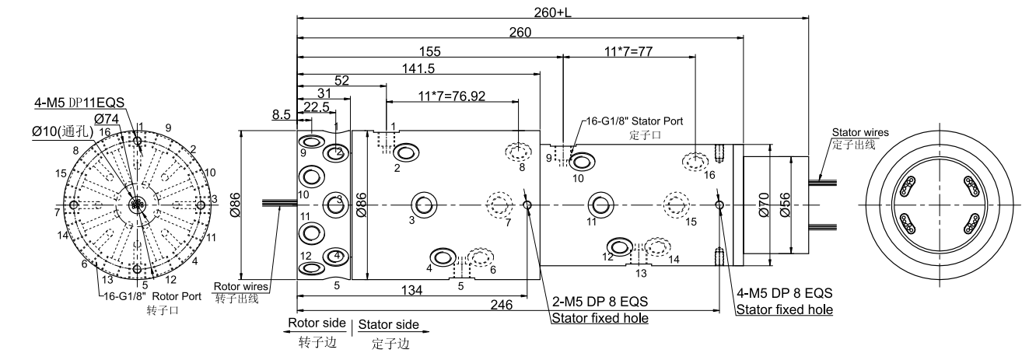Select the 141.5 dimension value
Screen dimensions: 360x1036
419,68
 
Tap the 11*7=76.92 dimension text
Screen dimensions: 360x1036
453,96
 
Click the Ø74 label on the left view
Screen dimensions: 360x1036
106,119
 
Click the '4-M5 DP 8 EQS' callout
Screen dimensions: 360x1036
784,293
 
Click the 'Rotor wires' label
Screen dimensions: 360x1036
242,286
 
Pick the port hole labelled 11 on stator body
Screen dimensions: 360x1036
600,204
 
